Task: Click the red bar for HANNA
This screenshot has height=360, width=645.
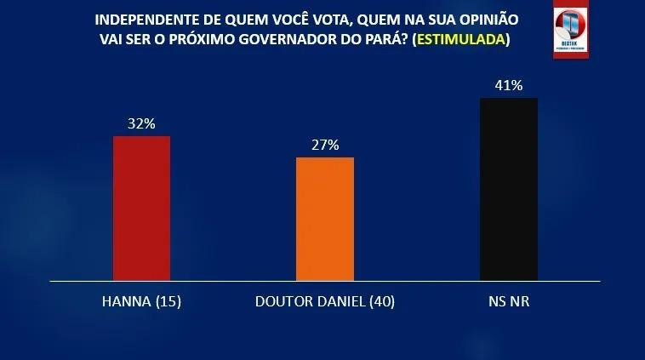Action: point(142,208)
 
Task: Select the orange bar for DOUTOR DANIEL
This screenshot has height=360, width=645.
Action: point(325,219)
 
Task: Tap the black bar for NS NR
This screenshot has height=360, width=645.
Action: point(509,189)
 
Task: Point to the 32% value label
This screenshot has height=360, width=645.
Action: point(142,123)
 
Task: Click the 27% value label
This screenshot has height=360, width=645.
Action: point(325,145)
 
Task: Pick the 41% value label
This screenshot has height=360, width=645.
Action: point(509,85)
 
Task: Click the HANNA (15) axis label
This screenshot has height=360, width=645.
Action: point(142,302)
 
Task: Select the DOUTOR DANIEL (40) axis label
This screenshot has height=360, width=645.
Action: point(325,302)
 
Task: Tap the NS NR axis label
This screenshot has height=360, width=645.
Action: point(509,302)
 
